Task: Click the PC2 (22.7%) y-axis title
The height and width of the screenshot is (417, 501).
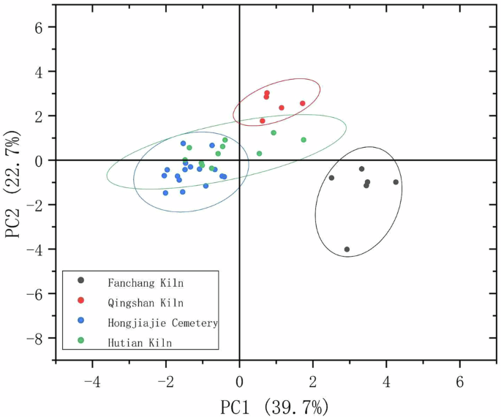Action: coord(17,184)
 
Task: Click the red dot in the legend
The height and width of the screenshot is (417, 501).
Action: coord(81,301)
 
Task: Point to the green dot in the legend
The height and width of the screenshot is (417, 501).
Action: coord(81,341)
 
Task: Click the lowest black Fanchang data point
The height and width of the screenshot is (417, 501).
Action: coord(347,249)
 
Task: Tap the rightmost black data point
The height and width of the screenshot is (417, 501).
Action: coord(396,182)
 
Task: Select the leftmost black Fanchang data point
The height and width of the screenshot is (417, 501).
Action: coord(331,178)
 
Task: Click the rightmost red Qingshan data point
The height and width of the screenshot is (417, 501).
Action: coord(303,103)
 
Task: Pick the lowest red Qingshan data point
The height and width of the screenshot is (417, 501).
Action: coord(263,121)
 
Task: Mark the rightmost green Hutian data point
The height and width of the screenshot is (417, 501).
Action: coord(304,140)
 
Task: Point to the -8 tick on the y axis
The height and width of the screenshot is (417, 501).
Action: coord(40,338)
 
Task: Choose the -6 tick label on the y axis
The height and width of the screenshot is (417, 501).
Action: coord(40,293)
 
